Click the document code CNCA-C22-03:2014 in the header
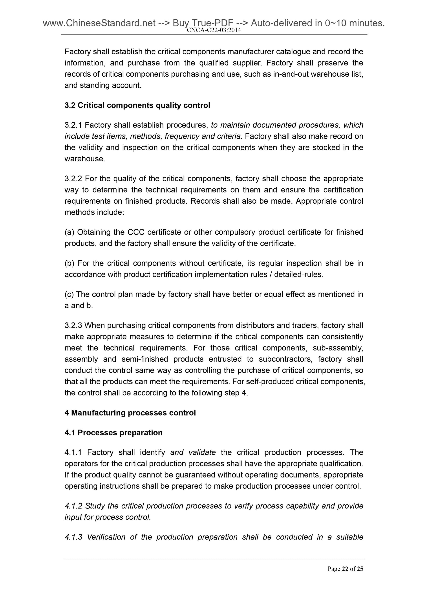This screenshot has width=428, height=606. pos(214,30)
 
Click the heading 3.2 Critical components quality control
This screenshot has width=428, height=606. pos(137,105)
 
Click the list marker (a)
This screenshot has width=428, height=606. pos(70,232)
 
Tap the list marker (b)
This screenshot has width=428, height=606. pos(70,263)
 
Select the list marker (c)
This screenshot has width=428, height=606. pos(69,295)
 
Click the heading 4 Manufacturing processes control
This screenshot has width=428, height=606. pos(130,413)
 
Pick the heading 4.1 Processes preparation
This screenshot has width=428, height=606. pos(113,433)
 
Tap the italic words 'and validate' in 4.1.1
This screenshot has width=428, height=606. pos(193,452)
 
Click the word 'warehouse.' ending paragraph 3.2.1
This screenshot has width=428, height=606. pos(85,159)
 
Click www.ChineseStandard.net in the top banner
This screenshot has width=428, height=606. pos(99,23)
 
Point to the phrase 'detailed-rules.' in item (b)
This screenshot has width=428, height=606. pos(298,275)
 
